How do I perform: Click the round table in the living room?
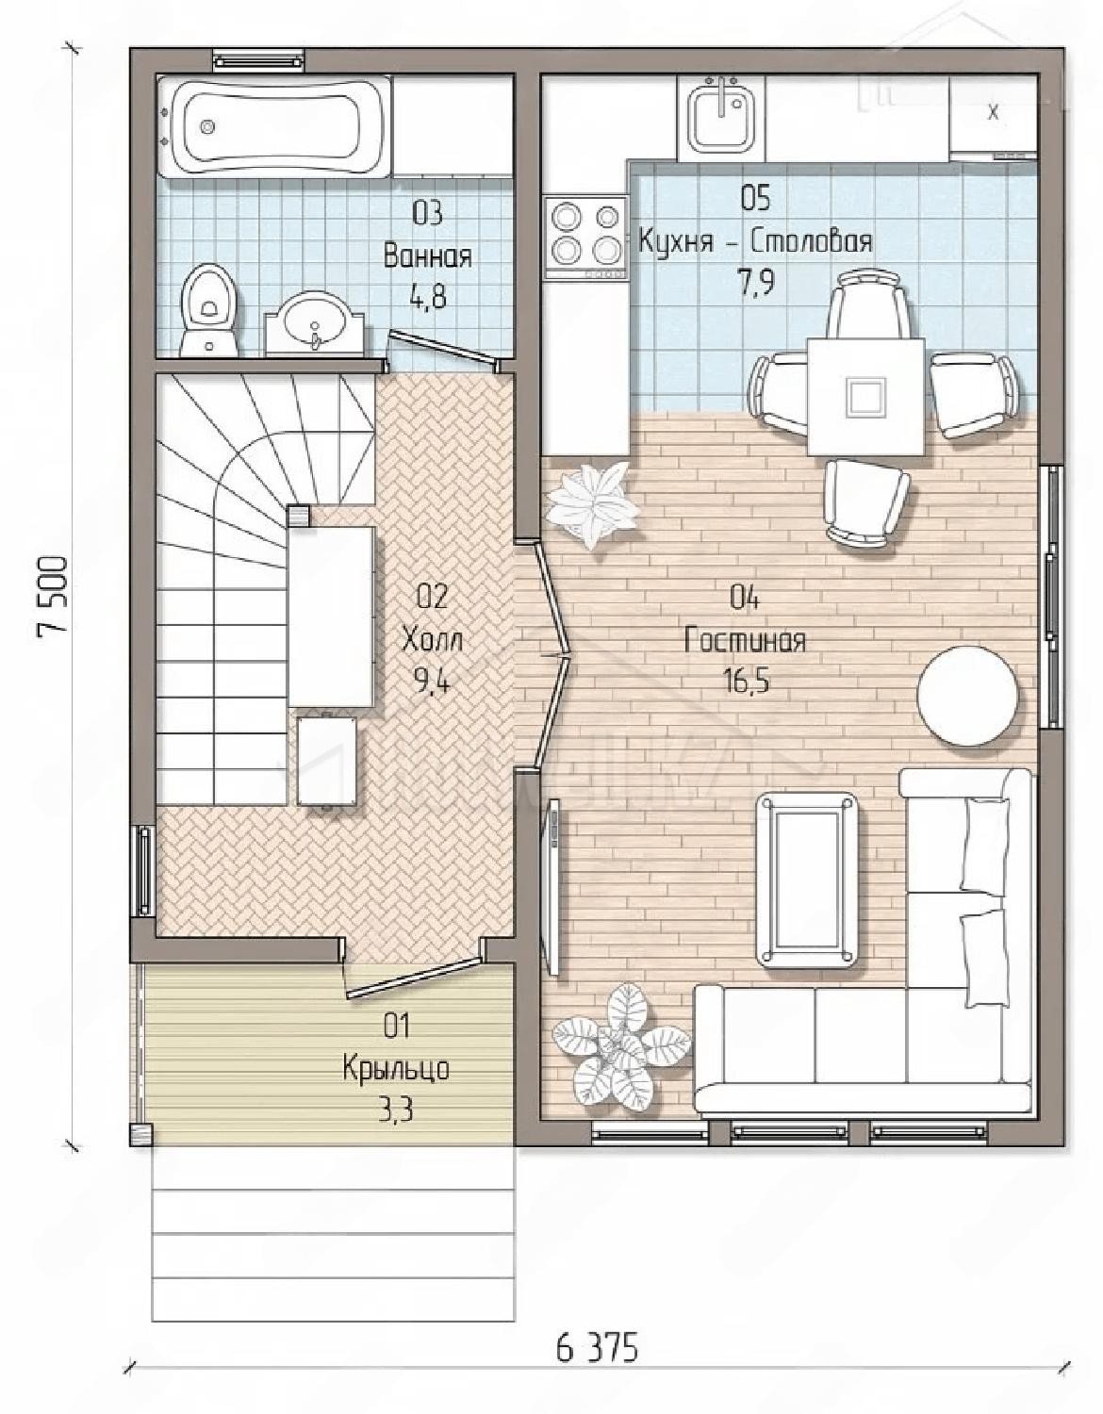[x=967, y=695]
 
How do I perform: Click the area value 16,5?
[x=745, y=682]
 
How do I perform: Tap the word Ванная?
[x=428, y=256]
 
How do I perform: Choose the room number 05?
[x=755, y=198]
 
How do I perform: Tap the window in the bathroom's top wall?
[x=260, y=61]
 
